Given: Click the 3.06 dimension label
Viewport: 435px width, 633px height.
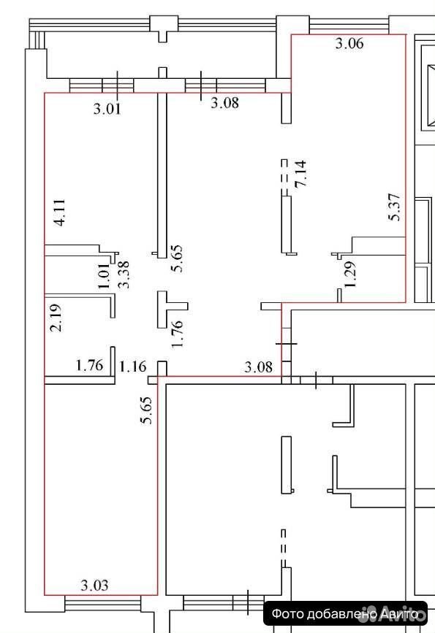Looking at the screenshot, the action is [349, 43].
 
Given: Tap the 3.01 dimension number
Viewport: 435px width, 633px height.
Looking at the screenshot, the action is [107, 109].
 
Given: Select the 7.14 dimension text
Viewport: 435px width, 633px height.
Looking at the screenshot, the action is [300, 174].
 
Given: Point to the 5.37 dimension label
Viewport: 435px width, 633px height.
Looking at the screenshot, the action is [394, 207].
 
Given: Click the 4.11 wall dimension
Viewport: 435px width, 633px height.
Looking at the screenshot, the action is [59, 212].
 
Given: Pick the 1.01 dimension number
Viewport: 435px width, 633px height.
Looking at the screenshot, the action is [104, 276].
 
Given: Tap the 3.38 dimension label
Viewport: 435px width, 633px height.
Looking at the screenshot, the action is [123, 274].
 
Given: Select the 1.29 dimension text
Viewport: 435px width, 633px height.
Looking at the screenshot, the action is [350, 274].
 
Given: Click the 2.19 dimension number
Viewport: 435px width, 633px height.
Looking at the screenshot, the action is [56, 318].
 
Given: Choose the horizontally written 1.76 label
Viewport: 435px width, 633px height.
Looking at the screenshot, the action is [90, 365].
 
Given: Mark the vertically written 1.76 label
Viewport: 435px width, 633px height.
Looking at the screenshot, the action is [178, 334].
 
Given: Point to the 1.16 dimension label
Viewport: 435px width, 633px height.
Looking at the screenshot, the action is [132, 367].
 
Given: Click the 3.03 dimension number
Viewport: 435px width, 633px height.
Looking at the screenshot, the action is [94, 586].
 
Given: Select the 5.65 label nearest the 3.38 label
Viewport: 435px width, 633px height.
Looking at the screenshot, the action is [177, 258].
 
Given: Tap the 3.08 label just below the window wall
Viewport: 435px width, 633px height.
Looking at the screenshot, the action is [224, 102].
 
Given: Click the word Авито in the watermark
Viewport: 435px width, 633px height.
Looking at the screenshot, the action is [398, 614].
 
